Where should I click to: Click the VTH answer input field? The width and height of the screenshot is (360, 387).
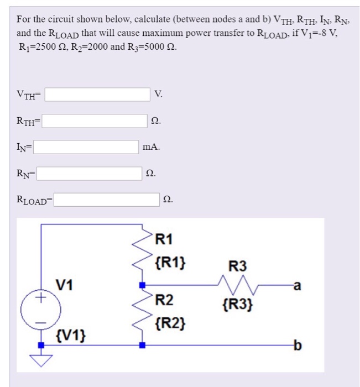coord(97,95)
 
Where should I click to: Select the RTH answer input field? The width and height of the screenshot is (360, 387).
coord(95,121)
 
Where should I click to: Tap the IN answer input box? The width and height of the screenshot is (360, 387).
coord(87,147)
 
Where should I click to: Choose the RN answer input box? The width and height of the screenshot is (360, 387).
coord(89,173)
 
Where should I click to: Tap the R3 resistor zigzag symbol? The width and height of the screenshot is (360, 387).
coord(236,286)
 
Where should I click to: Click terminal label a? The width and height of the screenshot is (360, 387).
coord(298,286)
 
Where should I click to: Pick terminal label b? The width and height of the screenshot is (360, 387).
coord(298,346)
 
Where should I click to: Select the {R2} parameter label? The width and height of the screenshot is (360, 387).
coord(170,321)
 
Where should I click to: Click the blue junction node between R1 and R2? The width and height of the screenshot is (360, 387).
coord(143,286)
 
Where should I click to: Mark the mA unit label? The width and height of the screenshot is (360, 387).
coord(151,147)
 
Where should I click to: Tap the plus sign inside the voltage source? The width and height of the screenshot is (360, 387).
coord(40,299)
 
